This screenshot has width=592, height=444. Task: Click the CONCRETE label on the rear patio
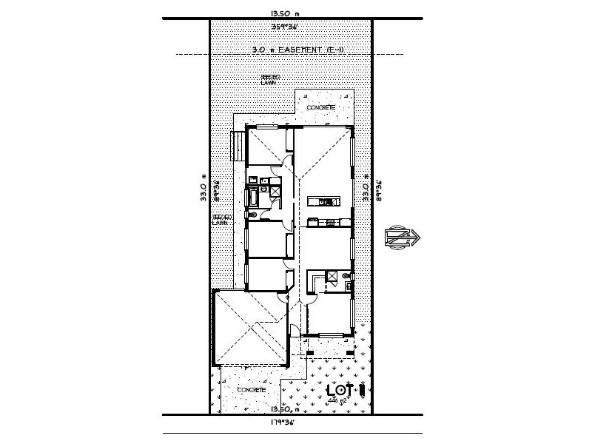coord(323,108)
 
